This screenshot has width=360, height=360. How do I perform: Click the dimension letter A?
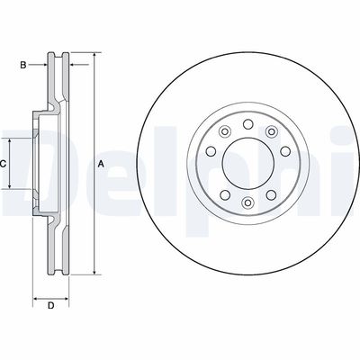[x=101, y=163]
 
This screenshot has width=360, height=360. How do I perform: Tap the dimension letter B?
[x=26, y=64]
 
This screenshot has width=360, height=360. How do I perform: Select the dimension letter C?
[x=4, y=164]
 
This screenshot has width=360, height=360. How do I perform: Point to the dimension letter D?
[x=50, y=307]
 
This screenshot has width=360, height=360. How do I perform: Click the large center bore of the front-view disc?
[x=246, y=163]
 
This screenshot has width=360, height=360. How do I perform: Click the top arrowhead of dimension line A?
[x=93, y=56]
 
